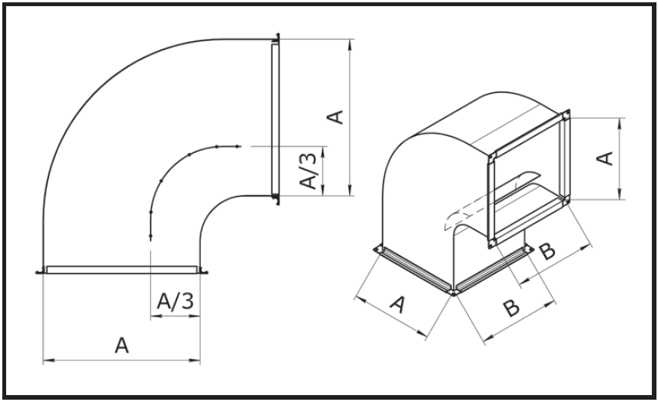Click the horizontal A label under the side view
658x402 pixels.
pos(121,347)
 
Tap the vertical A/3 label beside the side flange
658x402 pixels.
pos(308,171)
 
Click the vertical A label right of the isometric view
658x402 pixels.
pos(606,158)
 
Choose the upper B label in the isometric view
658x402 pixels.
pos(546,252)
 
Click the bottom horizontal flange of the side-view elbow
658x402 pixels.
pos(122,269)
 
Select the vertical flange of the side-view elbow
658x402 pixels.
pos(274,119)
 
